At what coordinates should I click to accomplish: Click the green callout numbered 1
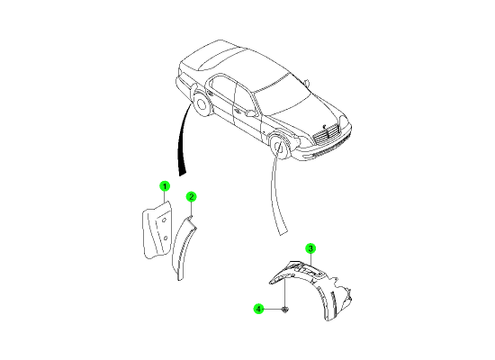pos(165,186)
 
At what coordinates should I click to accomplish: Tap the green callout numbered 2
pos(192,197)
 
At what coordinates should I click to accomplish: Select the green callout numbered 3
pos(310,248)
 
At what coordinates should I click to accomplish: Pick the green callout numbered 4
pos(258,309)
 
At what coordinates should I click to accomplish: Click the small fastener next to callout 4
pos(285,310)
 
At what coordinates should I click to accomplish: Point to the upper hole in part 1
pos(164,220)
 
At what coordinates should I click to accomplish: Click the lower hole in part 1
pos(165,238)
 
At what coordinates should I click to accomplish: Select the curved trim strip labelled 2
pos(183,247)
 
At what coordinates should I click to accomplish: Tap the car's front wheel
pos(279,147)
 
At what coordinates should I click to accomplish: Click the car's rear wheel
pos(201,104)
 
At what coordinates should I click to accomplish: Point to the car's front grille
pos(326,132)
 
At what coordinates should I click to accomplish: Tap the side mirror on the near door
pos(251,112)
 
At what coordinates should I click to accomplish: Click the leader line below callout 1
pos(165,197)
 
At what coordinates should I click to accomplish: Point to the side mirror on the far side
pos(306,83)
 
